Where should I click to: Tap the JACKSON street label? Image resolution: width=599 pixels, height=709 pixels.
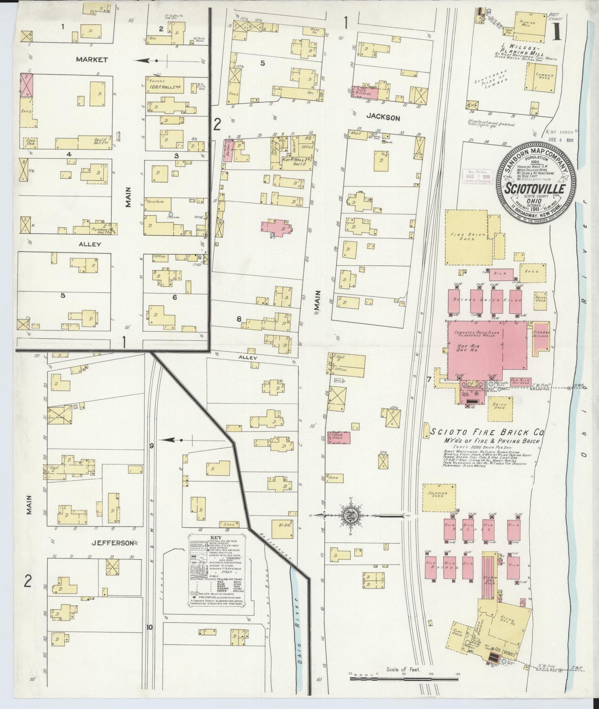point(383,118)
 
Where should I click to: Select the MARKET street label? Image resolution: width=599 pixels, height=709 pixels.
point(92,60)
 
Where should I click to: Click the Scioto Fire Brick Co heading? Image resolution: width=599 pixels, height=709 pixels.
point(487,432)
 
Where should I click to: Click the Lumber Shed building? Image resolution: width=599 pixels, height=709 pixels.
point(537,77)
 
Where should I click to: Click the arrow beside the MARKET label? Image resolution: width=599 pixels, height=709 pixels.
point(149,61)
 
